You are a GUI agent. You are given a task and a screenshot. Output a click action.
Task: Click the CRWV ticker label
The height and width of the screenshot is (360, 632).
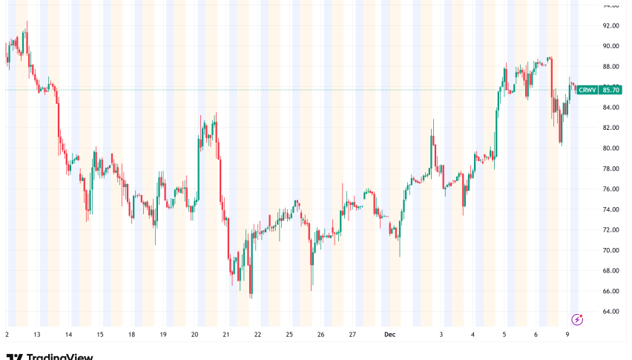coord(588,90)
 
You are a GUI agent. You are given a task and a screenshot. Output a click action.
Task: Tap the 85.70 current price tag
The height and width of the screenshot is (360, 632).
coord(610,90)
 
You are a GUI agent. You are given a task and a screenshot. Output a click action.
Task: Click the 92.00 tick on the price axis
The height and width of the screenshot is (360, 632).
coord(610,25)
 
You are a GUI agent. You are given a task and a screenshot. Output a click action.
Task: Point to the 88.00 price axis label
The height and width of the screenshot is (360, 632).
coord(610,66)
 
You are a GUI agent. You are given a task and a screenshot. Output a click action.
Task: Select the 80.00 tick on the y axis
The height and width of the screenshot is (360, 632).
coord(610,148)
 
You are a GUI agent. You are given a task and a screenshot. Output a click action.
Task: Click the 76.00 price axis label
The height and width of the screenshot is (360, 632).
coord(610,189)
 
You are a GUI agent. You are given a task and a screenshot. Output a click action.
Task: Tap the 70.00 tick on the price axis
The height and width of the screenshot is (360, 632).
coord(610,250)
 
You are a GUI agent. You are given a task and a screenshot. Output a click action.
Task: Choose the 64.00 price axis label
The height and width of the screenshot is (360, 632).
coord(610,311)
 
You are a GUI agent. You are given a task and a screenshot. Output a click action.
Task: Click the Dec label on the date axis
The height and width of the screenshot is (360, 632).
coord(390,335)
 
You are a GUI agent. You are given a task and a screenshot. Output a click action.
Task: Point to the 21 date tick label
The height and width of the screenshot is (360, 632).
coord(226,335)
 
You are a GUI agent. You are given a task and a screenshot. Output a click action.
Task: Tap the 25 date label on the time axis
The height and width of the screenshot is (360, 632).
coord(289,335)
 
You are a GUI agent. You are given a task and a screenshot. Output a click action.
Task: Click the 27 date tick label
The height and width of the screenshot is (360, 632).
coord(352,335)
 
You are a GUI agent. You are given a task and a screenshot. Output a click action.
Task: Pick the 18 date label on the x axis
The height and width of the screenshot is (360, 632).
coord(131,335)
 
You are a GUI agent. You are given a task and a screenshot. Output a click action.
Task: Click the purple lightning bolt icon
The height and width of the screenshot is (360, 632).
coord(577,319)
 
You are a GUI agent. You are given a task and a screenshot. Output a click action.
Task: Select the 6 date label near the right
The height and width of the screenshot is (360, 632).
coord(536,335)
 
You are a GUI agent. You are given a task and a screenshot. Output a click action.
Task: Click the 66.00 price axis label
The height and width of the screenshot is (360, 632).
coord(610,291)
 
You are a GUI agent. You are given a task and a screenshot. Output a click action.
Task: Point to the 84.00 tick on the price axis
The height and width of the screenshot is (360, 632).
coord(610,107)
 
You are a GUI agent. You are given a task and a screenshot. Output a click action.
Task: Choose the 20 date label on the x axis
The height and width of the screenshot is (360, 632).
coord(194,335)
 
